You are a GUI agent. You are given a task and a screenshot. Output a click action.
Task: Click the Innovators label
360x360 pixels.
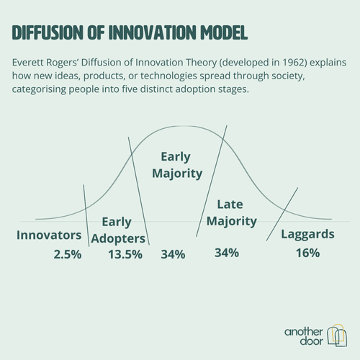(x=49, y=235)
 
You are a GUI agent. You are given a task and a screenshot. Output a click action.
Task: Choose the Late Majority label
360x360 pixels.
(x=231, y=212)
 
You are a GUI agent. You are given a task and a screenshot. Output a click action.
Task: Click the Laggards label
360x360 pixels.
(x=307, y=235)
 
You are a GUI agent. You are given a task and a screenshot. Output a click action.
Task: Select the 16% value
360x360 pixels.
(x=307, y=253)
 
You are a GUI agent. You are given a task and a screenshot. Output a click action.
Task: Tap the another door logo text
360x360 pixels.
(x=304, y=336)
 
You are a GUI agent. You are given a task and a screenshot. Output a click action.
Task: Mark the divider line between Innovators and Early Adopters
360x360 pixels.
(x=86, y=215)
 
